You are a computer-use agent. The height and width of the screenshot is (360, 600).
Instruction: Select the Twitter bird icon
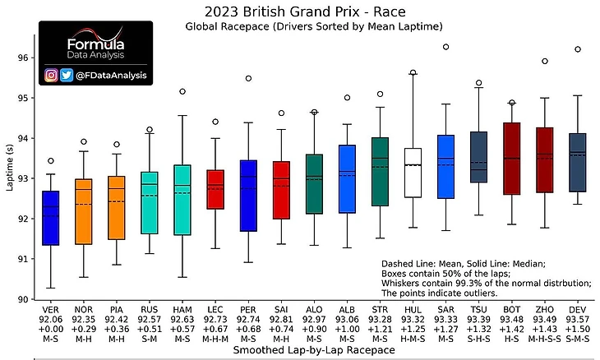click(67, 75)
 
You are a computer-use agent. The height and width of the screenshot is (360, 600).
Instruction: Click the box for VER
click(51, 218)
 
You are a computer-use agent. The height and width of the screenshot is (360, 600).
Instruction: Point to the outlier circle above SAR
click(445, 47)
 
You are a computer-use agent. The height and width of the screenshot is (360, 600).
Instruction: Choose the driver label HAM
click(182, 310)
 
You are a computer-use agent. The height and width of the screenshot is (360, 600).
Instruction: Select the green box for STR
click(380, 171)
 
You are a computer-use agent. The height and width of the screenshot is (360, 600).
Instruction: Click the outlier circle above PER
click(248, 79)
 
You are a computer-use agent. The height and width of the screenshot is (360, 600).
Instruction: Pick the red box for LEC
click(215, 189)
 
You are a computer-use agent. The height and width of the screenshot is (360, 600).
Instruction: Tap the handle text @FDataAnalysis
click(111, 76)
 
